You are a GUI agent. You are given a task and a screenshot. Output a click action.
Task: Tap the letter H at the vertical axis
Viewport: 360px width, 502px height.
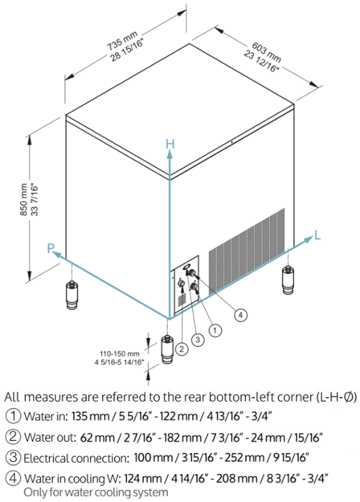[x=170, y=144]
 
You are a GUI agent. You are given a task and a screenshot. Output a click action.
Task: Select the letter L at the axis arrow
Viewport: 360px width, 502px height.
[x=318, y=236]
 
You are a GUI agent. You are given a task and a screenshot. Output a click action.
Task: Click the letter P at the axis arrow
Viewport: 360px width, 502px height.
[x=51, y=248]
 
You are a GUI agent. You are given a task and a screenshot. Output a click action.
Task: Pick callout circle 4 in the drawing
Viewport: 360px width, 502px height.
[x=240, y=315]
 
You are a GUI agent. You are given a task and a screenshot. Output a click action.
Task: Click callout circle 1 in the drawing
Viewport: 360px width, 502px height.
[x=215, y=330]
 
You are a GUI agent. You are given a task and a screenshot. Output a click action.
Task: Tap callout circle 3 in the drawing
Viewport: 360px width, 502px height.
[x=198, y=339]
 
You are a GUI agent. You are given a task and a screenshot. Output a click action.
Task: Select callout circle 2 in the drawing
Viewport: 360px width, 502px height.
[x=181, y=349]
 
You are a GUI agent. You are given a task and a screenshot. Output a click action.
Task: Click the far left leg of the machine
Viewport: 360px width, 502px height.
[x=72, y=295]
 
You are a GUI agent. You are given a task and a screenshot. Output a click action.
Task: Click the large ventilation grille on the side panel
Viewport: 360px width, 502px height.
[x=247, y=250]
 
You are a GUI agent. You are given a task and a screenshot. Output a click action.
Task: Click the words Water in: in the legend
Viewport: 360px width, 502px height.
[x=46, y=416]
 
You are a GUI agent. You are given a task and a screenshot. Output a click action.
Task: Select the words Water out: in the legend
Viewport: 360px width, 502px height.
[x=50, y=437]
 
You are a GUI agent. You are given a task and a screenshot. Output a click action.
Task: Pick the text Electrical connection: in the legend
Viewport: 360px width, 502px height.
[x=76, y=458]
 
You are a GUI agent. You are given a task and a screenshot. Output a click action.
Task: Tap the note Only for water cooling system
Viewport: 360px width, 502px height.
[x=96, y=492]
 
